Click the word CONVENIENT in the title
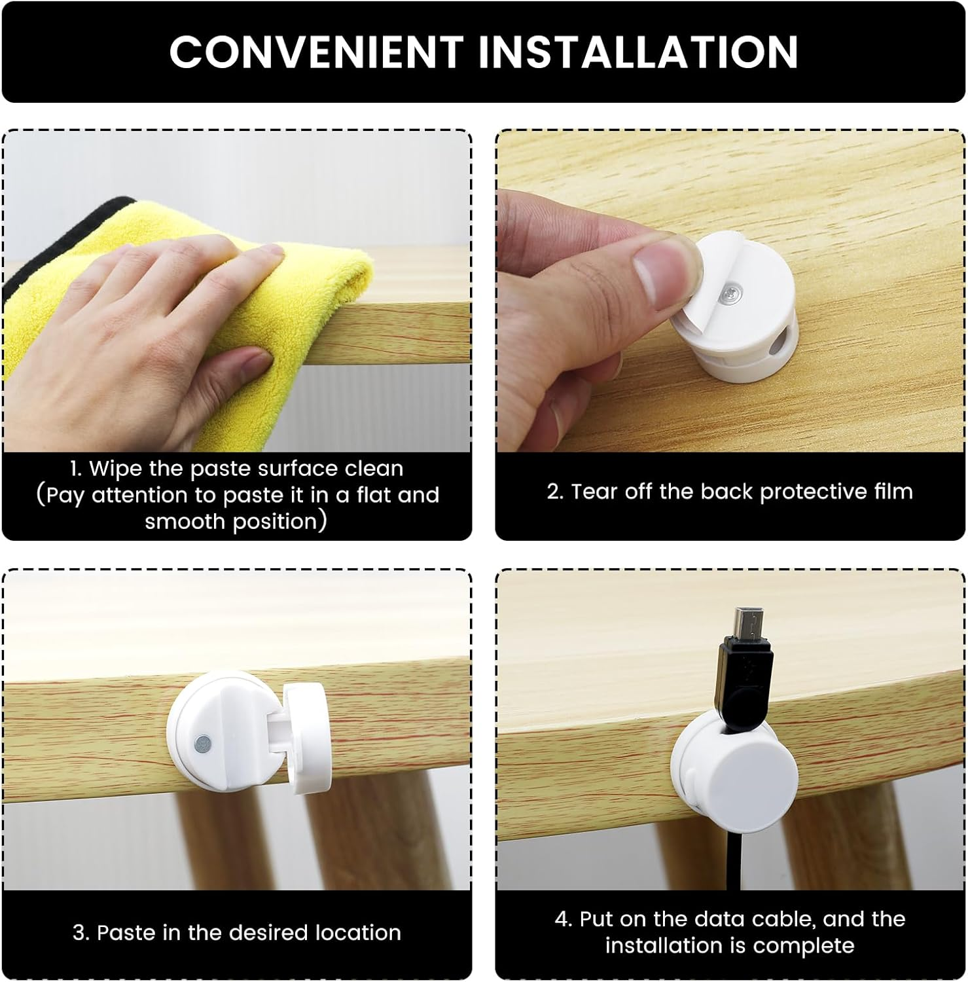316,51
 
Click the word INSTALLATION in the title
638,51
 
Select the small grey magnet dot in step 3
204,742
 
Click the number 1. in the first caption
76,469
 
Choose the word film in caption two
894,492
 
